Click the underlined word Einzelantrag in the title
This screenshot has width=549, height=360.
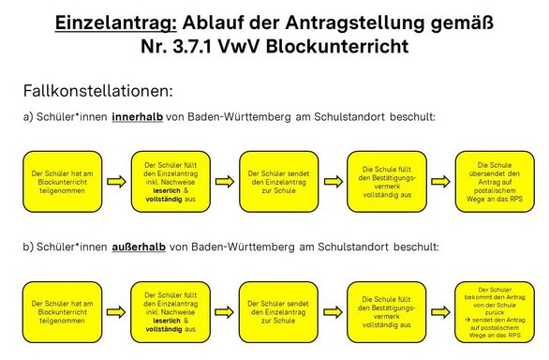tap(116, 23)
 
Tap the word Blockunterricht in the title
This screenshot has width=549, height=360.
tap(337, 46)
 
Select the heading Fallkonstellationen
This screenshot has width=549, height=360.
tap(98, 91)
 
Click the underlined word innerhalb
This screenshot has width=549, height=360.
tap(137, 117)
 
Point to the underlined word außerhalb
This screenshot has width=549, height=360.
tap(139, 247)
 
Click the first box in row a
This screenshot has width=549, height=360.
tap(63, 182)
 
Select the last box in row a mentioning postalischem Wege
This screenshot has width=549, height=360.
tap(495, 182)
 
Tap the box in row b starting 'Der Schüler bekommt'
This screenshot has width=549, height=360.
tap(495, 312)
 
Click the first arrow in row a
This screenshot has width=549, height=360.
tap(116, 182)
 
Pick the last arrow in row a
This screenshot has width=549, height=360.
tap(441, 182)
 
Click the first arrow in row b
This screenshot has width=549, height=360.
tap(116, 312)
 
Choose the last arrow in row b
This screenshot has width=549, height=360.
tap(440, 312)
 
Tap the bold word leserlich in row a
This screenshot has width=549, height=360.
tap(167, 190)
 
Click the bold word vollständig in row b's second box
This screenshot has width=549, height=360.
tap(164, 329)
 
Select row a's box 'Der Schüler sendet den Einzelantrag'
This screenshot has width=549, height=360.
tap(278, 182)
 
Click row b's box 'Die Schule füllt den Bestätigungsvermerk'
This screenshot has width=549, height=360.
tap(387, 312)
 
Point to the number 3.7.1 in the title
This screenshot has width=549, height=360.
tap(192, 46)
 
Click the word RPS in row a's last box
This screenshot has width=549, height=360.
tap(514, 199)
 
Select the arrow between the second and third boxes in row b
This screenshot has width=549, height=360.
tap(224, 312)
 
